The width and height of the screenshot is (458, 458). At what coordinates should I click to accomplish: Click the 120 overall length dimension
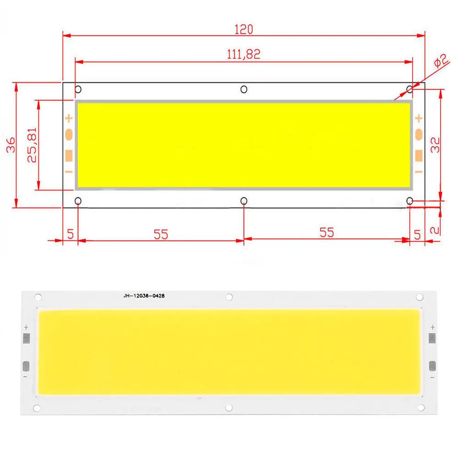click(244, 29)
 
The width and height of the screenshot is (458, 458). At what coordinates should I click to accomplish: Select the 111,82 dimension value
click(244, 55)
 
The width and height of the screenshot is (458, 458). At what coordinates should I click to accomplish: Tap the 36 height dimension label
click(11, 145)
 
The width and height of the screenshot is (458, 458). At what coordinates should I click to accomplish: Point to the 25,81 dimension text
click(32, 145)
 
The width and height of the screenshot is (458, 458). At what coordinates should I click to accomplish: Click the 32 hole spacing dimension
click(435, 145)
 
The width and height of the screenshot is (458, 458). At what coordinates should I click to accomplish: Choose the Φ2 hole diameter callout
click(440, 61)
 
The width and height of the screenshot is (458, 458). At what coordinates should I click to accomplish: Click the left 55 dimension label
click(161, 234)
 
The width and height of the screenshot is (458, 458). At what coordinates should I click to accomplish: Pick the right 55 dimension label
click(327, 233)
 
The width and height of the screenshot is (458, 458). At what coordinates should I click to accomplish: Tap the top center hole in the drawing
click(244, 89)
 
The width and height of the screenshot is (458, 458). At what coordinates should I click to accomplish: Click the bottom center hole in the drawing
click(244, 201)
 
